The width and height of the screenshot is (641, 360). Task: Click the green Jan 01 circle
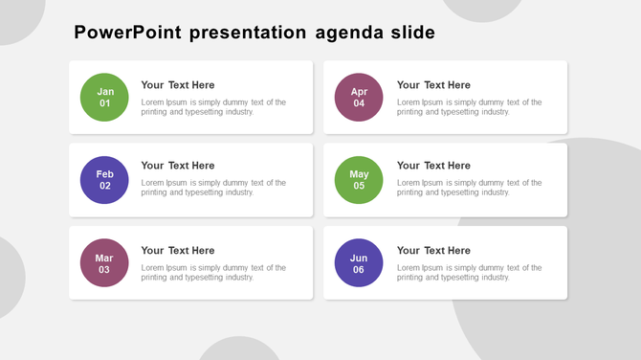click(x=104, y=97)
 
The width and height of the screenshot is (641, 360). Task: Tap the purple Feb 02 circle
click(x=104, y=179)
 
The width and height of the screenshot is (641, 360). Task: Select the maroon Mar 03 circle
click(x=104, y=263)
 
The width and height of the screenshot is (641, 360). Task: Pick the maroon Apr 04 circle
click(x=359, y=97)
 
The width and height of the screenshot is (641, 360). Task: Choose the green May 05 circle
click(x=359, y=179)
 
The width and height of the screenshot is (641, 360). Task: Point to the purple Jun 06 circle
click(x=359, y=263)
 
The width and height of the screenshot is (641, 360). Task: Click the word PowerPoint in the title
click(x=127, y=34)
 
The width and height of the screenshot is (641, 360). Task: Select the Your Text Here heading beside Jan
click(x=178, y=85)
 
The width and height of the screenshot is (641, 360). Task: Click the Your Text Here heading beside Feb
click(x=178, y=166)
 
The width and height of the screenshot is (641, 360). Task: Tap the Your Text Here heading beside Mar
click(x=178, y=251)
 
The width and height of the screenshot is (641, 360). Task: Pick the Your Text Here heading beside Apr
click(x=433, y=85)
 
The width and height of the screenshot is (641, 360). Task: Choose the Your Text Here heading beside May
click(x=433, y=166)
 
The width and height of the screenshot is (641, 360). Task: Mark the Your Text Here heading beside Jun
click(x=433, y=251)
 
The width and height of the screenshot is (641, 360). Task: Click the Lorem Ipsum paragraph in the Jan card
click(x=213, y=107)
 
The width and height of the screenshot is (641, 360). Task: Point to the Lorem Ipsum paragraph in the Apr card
click(x=469, y=107)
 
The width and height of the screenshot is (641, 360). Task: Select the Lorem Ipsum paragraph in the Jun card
click(x=469, y=273)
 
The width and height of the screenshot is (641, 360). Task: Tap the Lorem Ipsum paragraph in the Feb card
click(x=213, y=188)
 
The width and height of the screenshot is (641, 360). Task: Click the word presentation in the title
click(x=249, y=34)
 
